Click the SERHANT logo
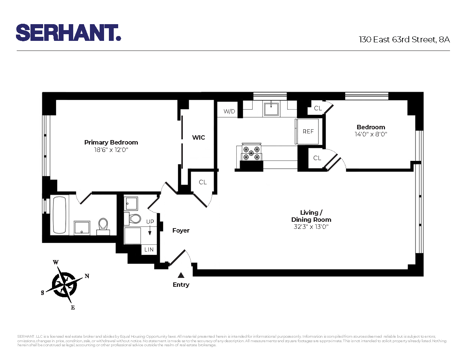[x=68, y=33]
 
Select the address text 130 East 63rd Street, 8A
[x=404, y=40]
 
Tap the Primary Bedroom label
[x=111, y=142]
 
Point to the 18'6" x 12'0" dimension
[x=111, y=150]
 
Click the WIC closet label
[x=198, y=137]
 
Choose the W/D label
[x=229, y=111]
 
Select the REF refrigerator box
[x=308, y=131]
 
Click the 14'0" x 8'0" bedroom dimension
[x=370, y=134]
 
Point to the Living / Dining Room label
[x=311, y=216]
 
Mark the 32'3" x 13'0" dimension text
[x=311, y=227]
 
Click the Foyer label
[x=181, y=231]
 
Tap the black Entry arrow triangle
[x=181, y=275]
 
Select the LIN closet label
[x=149, y=250]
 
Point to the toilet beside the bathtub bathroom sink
[x=103, y=225]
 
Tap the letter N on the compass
[x=87, y=276]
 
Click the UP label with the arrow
[x=150, y=222]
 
